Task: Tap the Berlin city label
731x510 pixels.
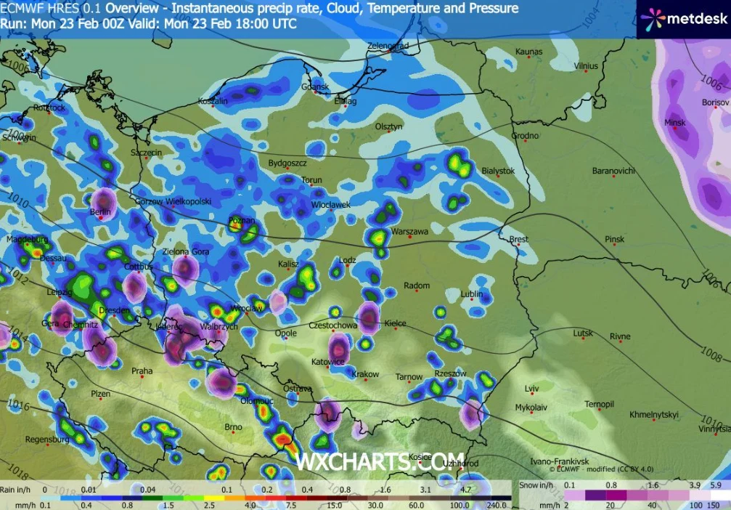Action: pos(99,211)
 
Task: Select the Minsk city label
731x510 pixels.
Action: pos(674,122)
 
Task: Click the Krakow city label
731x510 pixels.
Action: pos(365,374)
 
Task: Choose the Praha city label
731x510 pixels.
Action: pos(142,371)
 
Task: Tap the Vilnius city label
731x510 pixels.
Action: pos(585,66)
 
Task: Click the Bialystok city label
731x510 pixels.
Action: pos(498,171)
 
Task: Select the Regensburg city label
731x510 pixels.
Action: pos(46,440)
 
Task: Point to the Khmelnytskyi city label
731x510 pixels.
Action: pos(654,414)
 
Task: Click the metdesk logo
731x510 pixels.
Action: pos(683,19)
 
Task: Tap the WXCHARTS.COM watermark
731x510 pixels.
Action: pos(379,460)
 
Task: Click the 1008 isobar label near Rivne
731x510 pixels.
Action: pos(711,356)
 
